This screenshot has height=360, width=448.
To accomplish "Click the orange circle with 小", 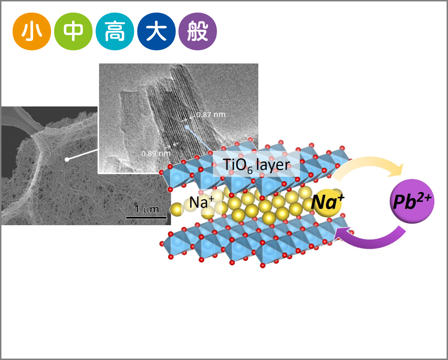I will pyautogui.click(x=32, y=32).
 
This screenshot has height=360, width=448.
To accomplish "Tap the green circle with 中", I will pyautogui.click(x=73, y=32).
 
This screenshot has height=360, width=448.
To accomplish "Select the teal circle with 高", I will pyautogui.click(x=115, y=32).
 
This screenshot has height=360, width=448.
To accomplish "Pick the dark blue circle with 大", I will pyautogui.click(x=156, y=32).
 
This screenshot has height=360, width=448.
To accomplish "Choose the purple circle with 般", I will pyautogui.click(x=197, y=32).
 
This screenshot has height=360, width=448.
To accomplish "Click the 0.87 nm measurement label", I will pyautogui.click(x=211, y=115).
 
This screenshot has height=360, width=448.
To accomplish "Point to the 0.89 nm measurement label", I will pyautogui.click(x=156, y=153).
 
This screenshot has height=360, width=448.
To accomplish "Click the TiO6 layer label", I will pyautogui.click(x=256, y=165).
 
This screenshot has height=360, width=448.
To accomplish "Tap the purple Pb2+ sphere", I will pyautogui.click(x=412, y=201).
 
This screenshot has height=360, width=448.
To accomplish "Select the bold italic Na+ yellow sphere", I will pyautogui.click(x=327, y=202).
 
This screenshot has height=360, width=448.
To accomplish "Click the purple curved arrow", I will pyautogui.click(x=371, y=238).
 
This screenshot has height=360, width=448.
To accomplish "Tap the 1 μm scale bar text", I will pyautogui.click(x=146, y=209).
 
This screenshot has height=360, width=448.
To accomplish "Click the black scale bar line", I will pyautogui.click(x=146, y=217).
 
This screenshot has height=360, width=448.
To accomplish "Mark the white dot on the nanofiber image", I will pyautogui.click(x=67, y=159).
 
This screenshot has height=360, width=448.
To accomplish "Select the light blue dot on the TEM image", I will pyautogui.click(x=187, y=127).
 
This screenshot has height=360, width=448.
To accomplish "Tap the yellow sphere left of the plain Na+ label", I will pyautogui.click(x=177, y=209).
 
